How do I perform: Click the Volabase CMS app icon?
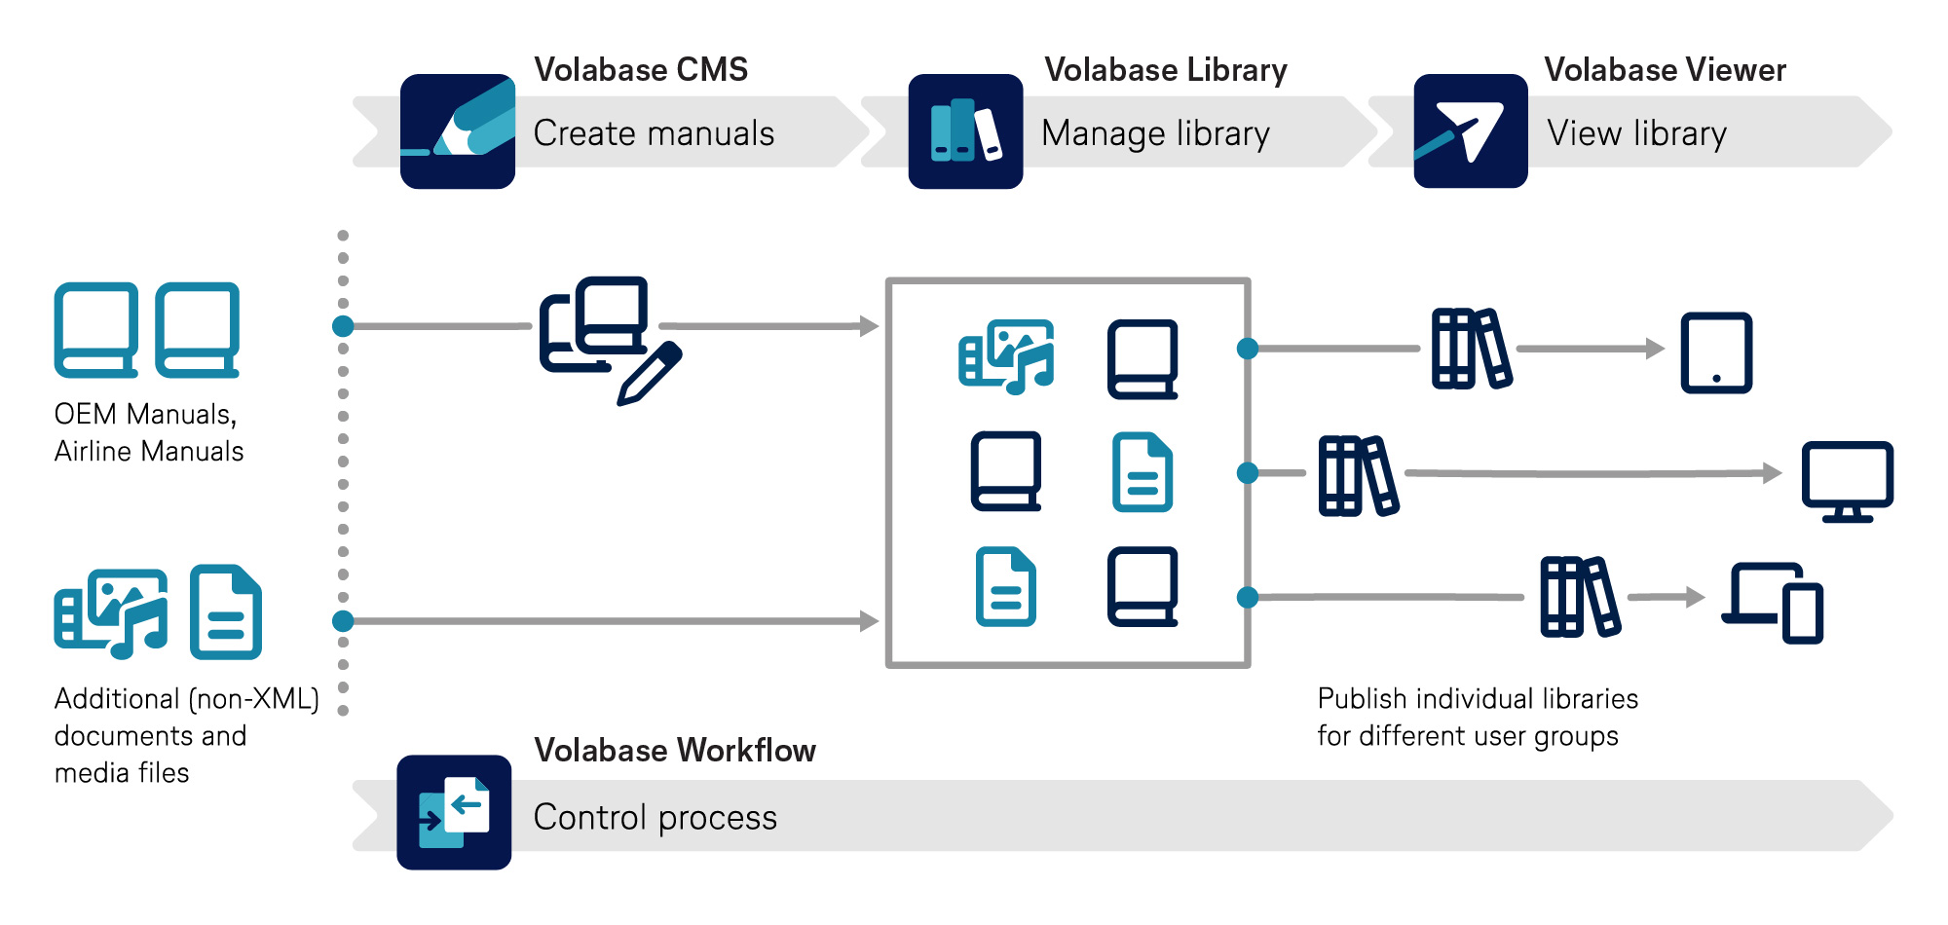pos(457,131)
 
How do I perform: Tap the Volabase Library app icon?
pos(965,131)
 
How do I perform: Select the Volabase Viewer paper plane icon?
pos(1470,131)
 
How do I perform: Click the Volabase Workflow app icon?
pos(454,812)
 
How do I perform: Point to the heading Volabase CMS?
pos(641,70)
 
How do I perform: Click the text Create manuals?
pos(654,133)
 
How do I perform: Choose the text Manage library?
pos(1155,133)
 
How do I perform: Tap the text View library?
pos(1636,133)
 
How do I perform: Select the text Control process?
pos(655,817)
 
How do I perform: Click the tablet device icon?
pos(1716,352)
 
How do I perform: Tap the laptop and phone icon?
pos(1773,603)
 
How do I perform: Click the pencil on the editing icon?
pos(651,373)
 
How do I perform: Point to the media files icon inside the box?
pos(1006,356)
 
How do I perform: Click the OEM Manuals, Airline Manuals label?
pos(148,432)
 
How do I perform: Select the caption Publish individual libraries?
pos(1477,699)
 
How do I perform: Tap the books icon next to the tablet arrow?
pos(1471,349)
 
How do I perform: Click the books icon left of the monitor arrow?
pos(1358,475)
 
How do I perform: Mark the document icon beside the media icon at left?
pos(226,612)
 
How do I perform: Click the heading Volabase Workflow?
pos(674,751)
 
